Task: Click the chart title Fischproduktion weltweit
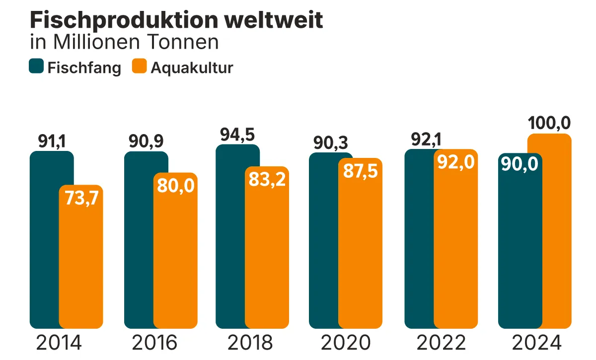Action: (176, 20)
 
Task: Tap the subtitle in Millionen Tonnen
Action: (124, 42)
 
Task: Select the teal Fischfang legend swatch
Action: (37, 67)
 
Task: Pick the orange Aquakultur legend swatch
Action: (140, 67)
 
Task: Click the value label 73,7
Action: (81, 198)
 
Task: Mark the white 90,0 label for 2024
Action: (520, 164)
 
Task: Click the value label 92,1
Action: (426, 140)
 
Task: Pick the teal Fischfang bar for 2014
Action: (44, 238)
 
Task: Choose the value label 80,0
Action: (175, 185)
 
